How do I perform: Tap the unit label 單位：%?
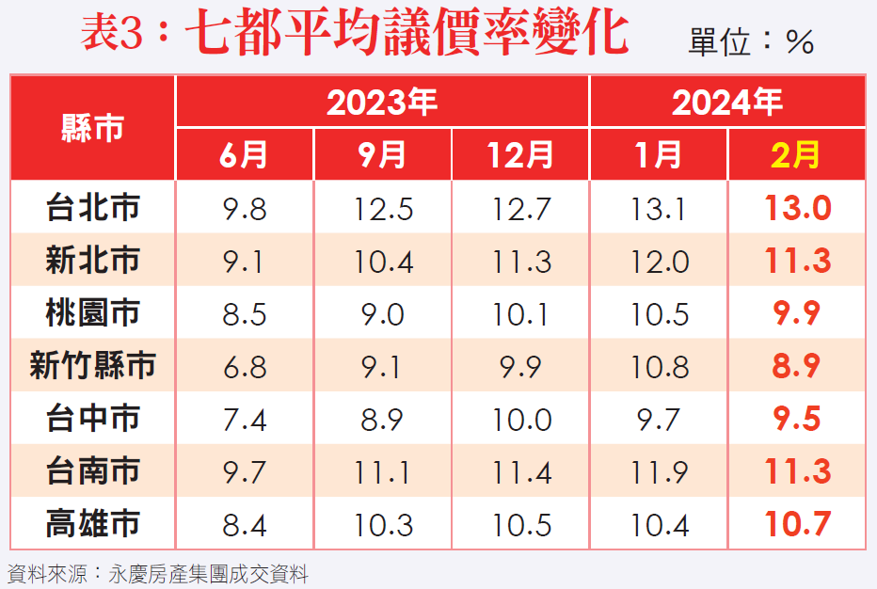coord(751,42)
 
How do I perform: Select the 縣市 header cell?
coord(92,128)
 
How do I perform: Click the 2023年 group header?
coord(382,102)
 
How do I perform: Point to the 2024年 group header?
coord(726,102)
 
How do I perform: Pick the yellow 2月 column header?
coord(796,154)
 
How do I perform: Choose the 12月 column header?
coord(520,154)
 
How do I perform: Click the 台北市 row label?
coord(92,208)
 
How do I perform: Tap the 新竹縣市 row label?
coord(92,366)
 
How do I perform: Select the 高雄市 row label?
coord(92,523)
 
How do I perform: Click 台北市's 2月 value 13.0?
coord(797,208)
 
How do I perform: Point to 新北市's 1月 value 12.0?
coord(659,261)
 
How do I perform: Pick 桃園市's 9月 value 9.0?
coord(382,313)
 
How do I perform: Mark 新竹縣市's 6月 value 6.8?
coord(245,366)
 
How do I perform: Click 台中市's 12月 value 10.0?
coord(520,419)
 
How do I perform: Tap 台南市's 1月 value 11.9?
coord(659,470)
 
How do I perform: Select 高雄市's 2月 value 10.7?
coord(797,523)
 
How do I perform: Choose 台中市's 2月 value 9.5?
coord(797,419)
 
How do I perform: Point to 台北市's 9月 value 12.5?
coord(382,208)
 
